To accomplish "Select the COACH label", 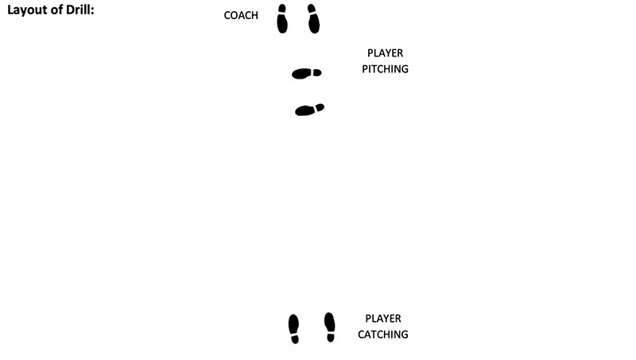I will (241, 15).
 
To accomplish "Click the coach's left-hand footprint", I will (282, 19).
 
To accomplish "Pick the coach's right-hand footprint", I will (313, 19).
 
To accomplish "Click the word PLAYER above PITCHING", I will (385, 53).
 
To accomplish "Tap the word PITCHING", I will (385, 69).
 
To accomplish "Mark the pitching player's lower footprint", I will (309, 110).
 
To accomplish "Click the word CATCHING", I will (383, 335).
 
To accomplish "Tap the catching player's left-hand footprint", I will (294, 327).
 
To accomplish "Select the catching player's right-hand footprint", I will (330, 326).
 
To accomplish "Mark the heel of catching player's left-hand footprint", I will (295, 339).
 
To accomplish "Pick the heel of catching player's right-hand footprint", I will (331, 338).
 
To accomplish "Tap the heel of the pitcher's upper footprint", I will (317, 72).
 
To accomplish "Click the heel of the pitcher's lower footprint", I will (320, 106).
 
